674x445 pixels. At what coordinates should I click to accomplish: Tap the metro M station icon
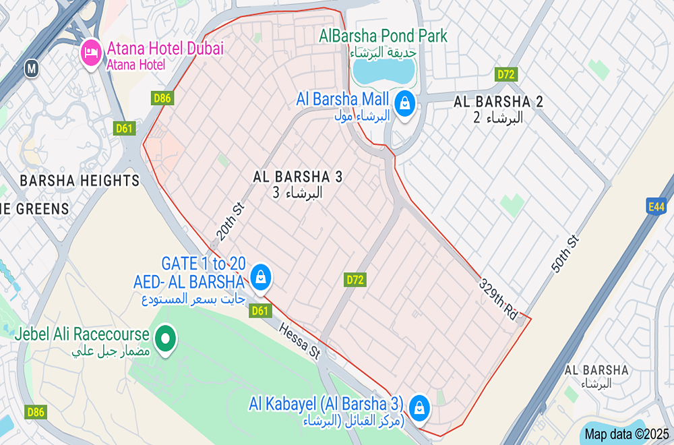point(31,68)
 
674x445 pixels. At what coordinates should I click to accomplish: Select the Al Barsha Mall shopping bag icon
point(404,103)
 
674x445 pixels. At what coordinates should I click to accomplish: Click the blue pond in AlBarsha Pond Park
point(381,70)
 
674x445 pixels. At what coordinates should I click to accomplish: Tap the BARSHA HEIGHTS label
point(80,181)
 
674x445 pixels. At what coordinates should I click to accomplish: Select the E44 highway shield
point(656,207)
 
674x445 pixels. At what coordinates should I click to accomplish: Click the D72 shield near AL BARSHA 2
point(506,74)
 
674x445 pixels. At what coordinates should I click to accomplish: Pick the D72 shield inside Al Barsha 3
point(355,279)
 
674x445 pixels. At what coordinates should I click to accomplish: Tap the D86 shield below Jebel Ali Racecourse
point(36,411)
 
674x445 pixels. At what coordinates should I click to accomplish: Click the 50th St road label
point(565,255)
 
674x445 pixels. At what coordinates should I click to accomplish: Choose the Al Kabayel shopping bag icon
point(419,407)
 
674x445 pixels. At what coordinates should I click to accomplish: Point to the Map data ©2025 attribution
point(627,434)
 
